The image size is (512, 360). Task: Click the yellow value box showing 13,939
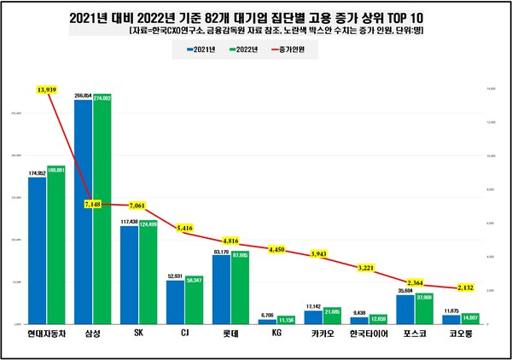[x=47, y=89]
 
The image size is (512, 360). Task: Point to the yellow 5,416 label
[x=186, y=229]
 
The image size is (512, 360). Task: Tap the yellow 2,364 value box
[x=416, y=282]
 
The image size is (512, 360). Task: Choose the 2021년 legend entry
[x=200, y=50]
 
